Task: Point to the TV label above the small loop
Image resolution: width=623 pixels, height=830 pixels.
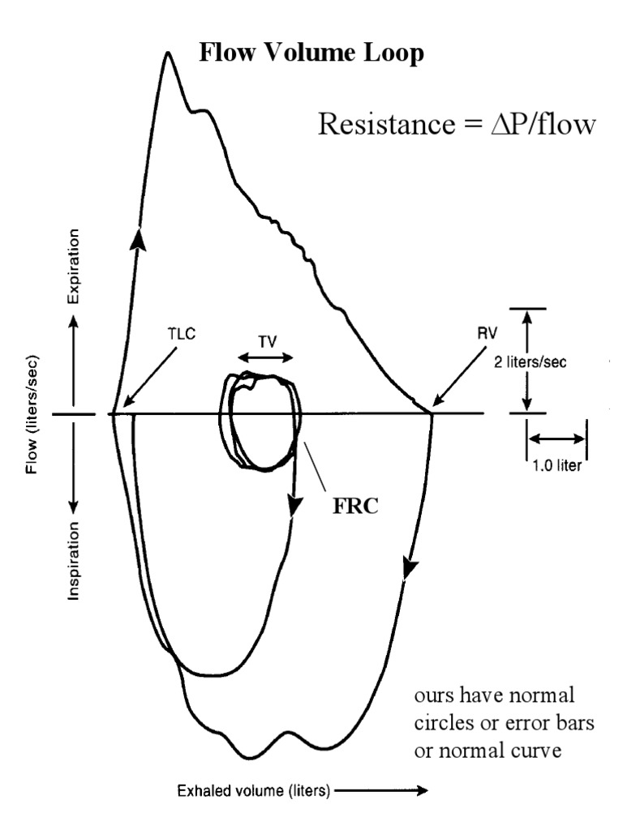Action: pyautogui.click(x=266, y=341)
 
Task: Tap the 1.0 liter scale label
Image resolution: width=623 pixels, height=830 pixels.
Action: pyautogui.click(x=557, y=466)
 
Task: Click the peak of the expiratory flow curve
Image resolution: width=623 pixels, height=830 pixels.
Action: pyautogui.click(x=168, y=54)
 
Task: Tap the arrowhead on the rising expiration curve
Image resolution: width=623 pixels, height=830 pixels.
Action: pyautogui.click(x=140, y=238)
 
